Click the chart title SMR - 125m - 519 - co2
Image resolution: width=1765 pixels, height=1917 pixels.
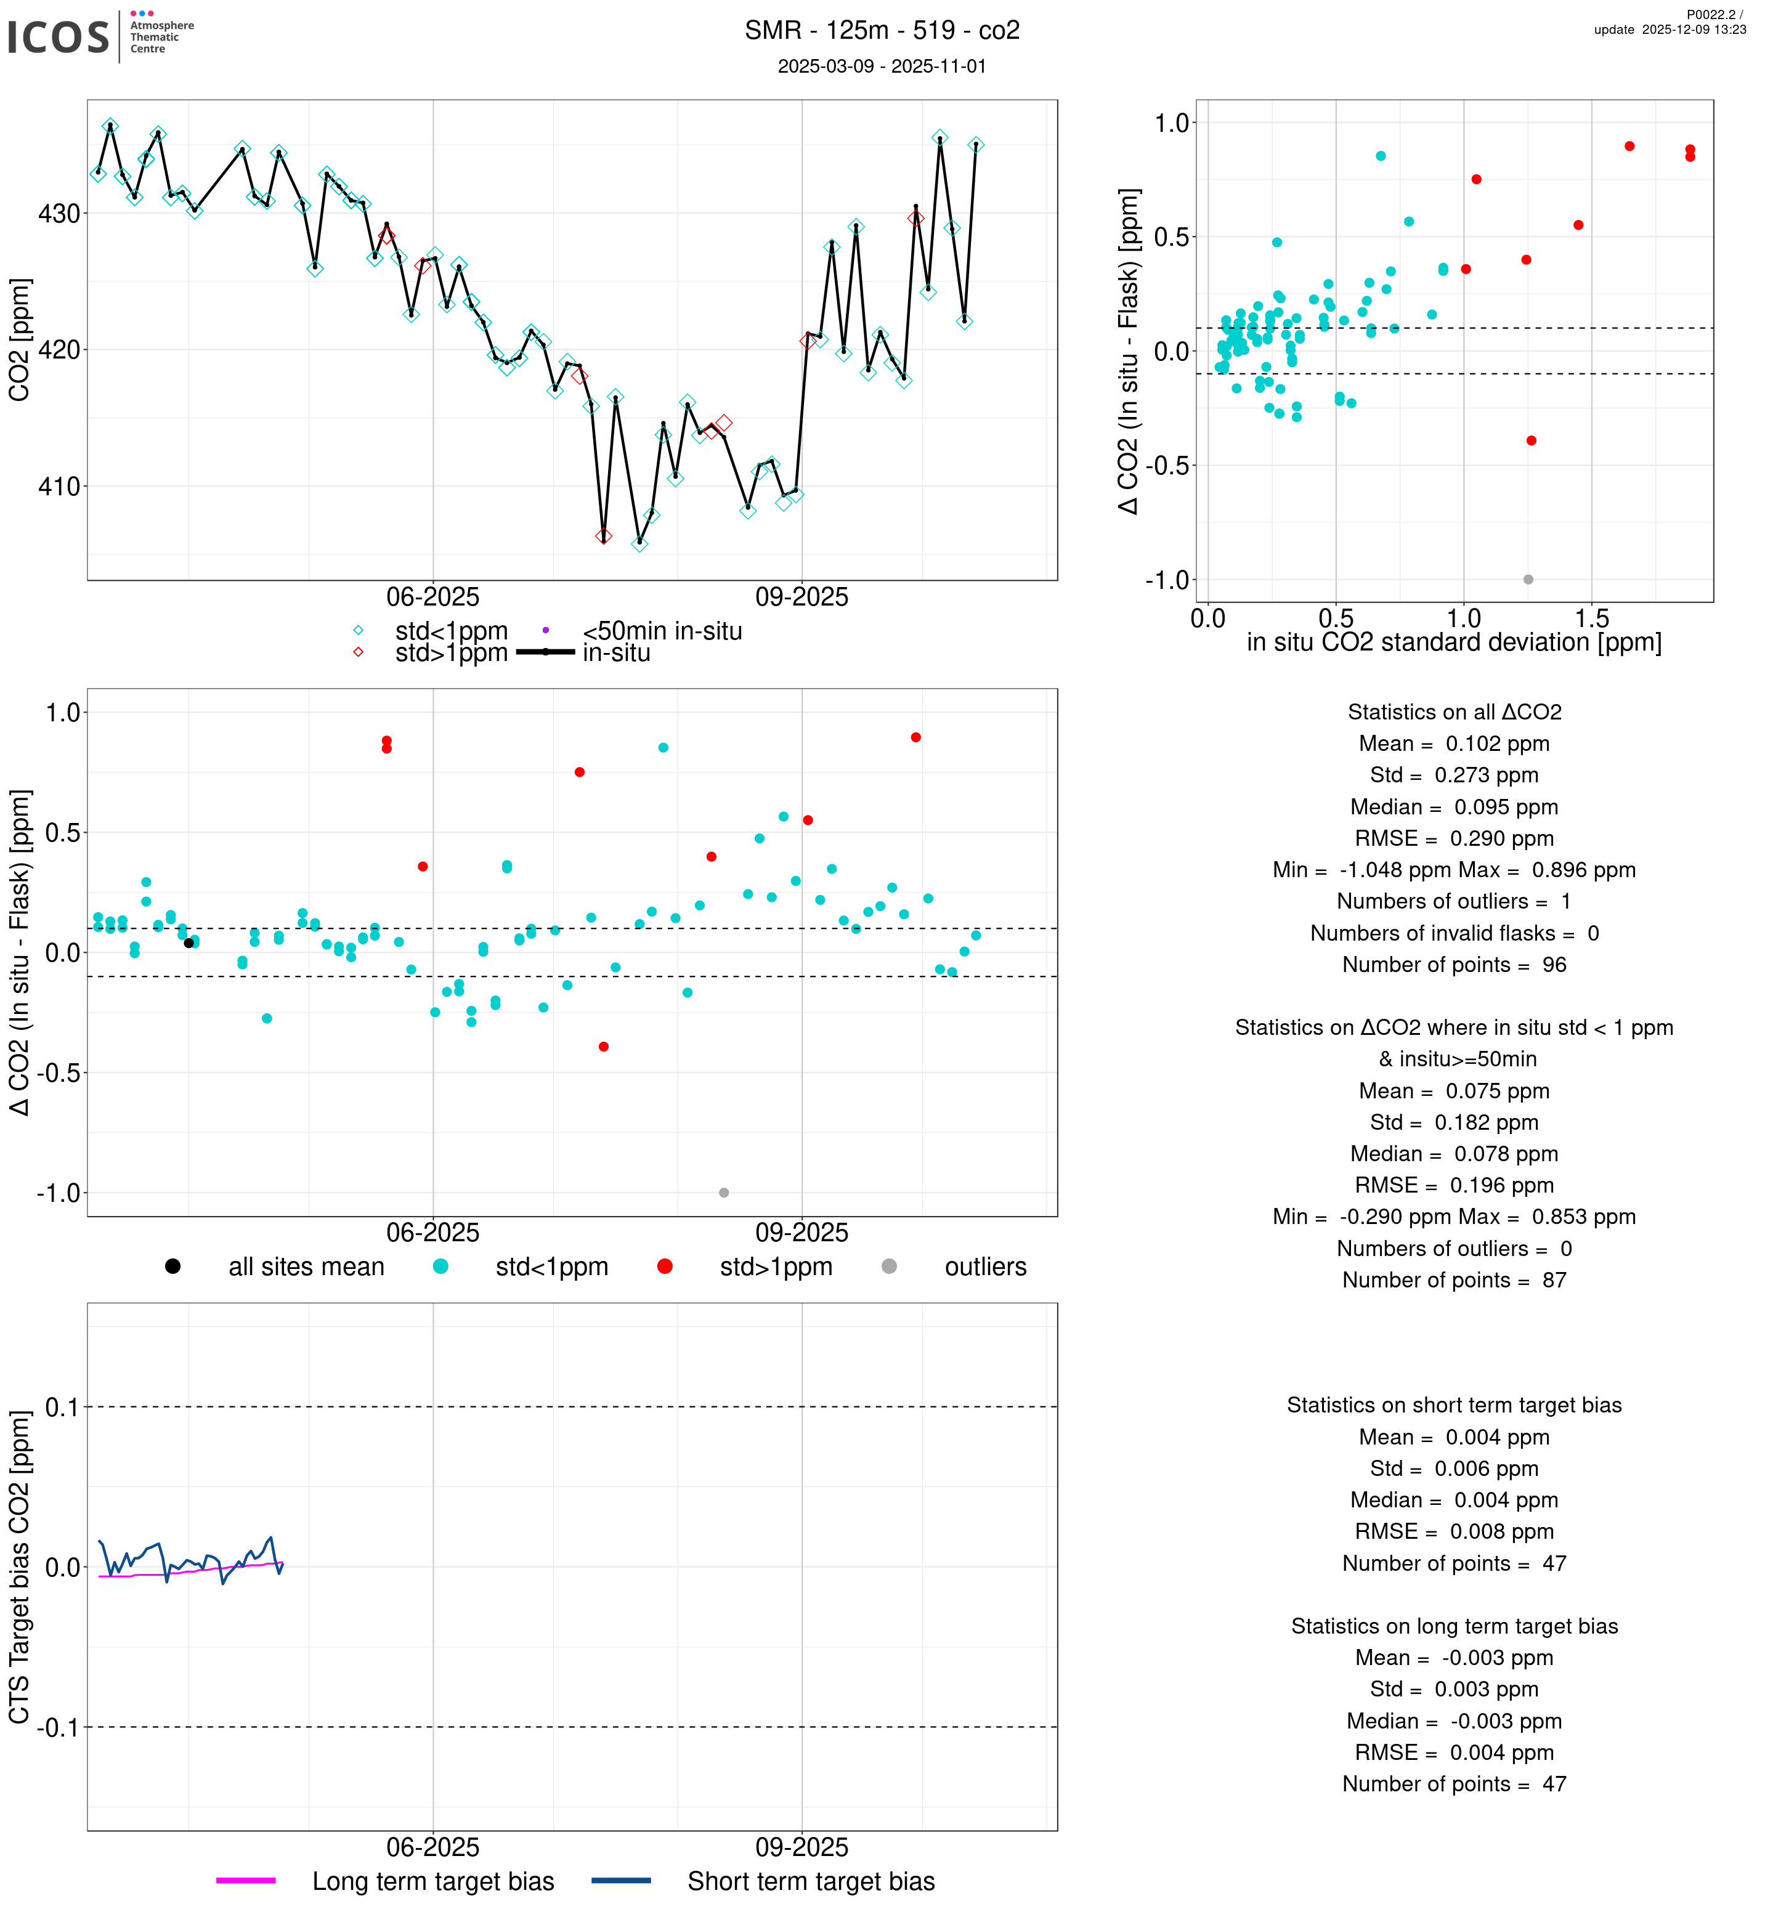coord(882,31)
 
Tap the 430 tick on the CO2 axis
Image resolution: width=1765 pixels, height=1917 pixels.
coord(59,214)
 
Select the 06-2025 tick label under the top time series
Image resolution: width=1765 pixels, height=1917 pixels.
coord(432,598)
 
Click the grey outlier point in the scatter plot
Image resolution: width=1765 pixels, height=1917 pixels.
coord(1528,580)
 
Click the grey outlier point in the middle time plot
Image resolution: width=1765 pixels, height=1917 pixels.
coord(724,1193)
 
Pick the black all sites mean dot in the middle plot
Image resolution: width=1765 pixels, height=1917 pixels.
coord(189,942)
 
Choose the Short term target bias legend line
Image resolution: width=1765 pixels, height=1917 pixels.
coord(621,1881)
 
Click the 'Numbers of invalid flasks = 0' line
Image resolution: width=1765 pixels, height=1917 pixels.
coord(1454,933)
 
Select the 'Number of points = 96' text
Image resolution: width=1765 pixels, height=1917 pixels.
coord(1454,965)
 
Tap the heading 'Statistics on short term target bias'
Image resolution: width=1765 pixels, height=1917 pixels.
coord(1454,1405)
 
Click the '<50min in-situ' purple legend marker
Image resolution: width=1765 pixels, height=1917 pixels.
coord(545,630)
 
